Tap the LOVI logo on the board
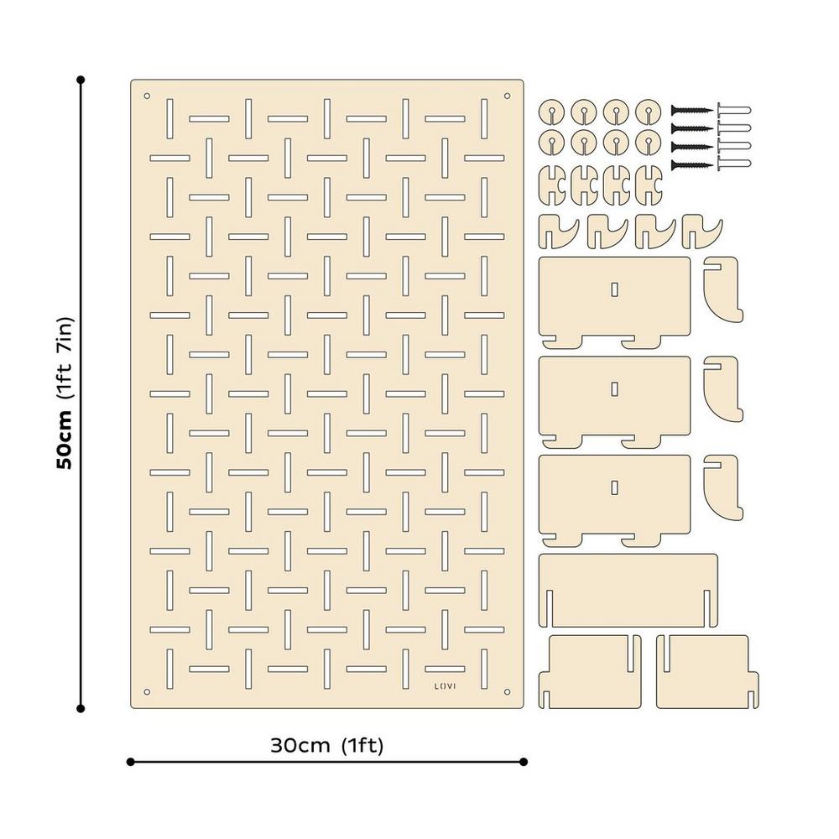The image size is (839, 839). click(x=446, y=685)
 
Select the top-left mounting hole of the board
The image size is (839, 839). click(x=147, y=96)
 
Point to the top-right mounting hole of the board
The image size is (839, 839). click(x=508, y=96)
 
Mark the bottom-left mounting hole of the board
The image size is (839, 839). click(x=147, y=692)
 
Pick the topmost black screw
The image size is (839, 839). click(x=692, y=110)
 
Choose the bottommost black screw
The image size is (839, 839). click(x=692, y=165)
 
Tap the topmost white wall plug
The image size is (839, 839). click(x=733, y=110)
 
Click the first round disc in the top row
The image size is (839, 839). click(x=552, y=112)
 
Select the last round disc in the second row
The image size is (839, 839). click(x=649, y=143)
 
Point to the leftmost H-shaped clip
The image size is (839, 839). click(x=552, y=185)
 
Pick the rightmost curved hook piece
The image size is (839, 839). click(x=701, y=233)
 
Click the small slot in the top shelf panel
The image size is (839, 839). click(x=615, y=289)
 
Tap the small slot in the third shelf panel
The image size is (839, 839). click(x=615, y=487)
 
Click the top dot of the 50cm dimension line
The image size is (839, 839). click(x=81, y=80)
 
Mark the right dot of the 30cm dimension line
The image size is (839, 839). click(x=524, y=762)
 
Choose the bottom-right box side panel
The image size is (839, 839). click(x=707, y=671)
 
